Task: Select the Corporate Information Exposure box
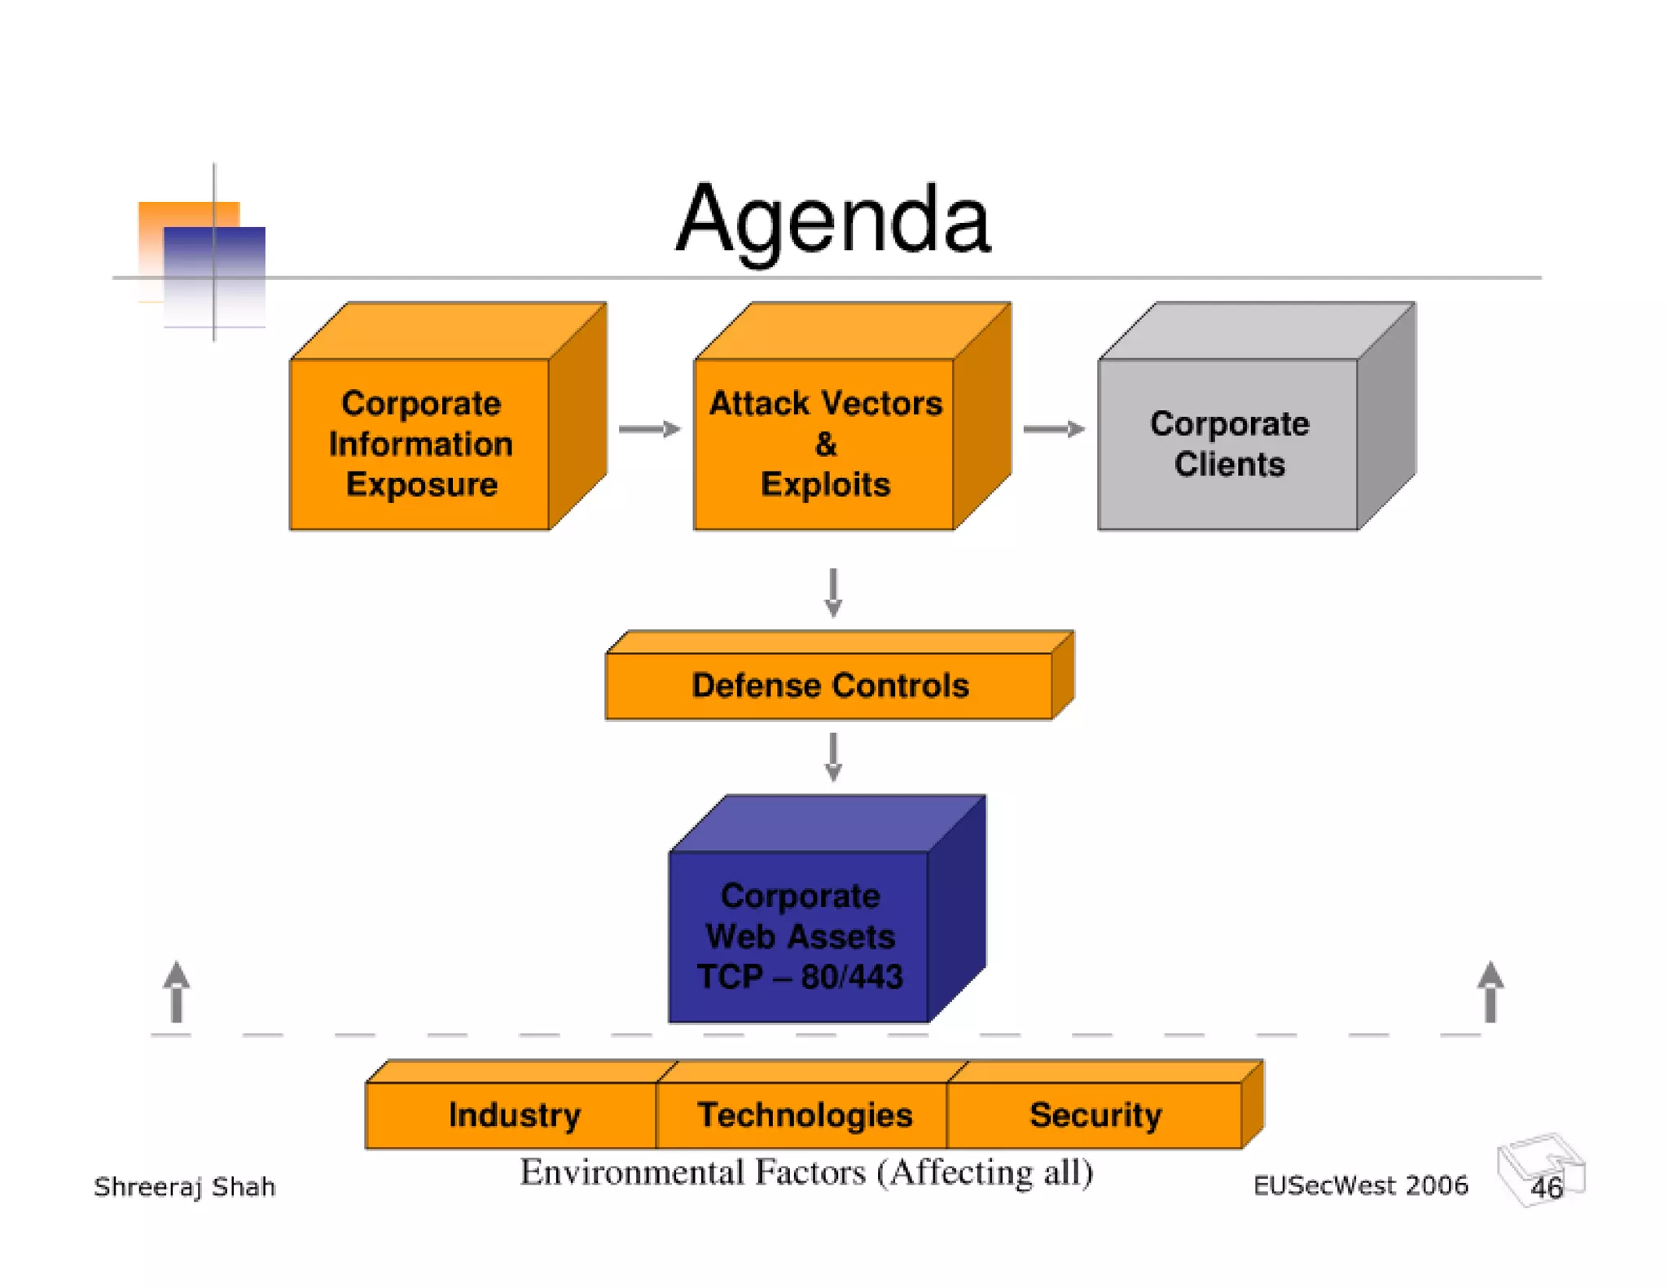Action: point(420,444)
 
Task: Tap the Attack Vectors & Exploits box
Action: point(824,444)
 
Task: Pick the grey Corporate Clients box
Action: point(1228,444)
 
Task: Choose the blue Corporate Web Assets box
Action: point(799,935)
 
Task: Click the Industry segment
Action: point(514,1115)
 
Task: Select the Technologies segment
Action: point(804,1115)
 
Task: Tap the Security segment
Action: point(1095,1115)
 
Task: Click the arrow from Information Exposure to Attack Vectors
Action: point(649,429)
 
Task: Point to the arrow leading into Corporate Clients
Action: point(1053,429)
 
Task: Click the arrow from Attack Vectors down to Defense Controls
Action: point(832,592)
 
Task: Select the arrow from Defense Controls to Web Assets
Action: point(832,756)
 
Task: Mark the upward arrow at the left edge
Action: point(177,991)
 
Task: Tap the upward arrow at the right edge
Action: point(1490,991)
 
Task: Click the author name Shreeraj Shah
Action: point(185,1186)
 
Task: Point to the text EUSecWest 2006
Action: point(1360,1185)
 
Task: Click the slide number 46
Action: point(1546,1188)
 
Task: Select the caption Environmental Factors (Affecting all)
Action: point(806,1172)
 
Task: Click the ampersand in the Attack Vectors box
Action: point(825,445)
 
